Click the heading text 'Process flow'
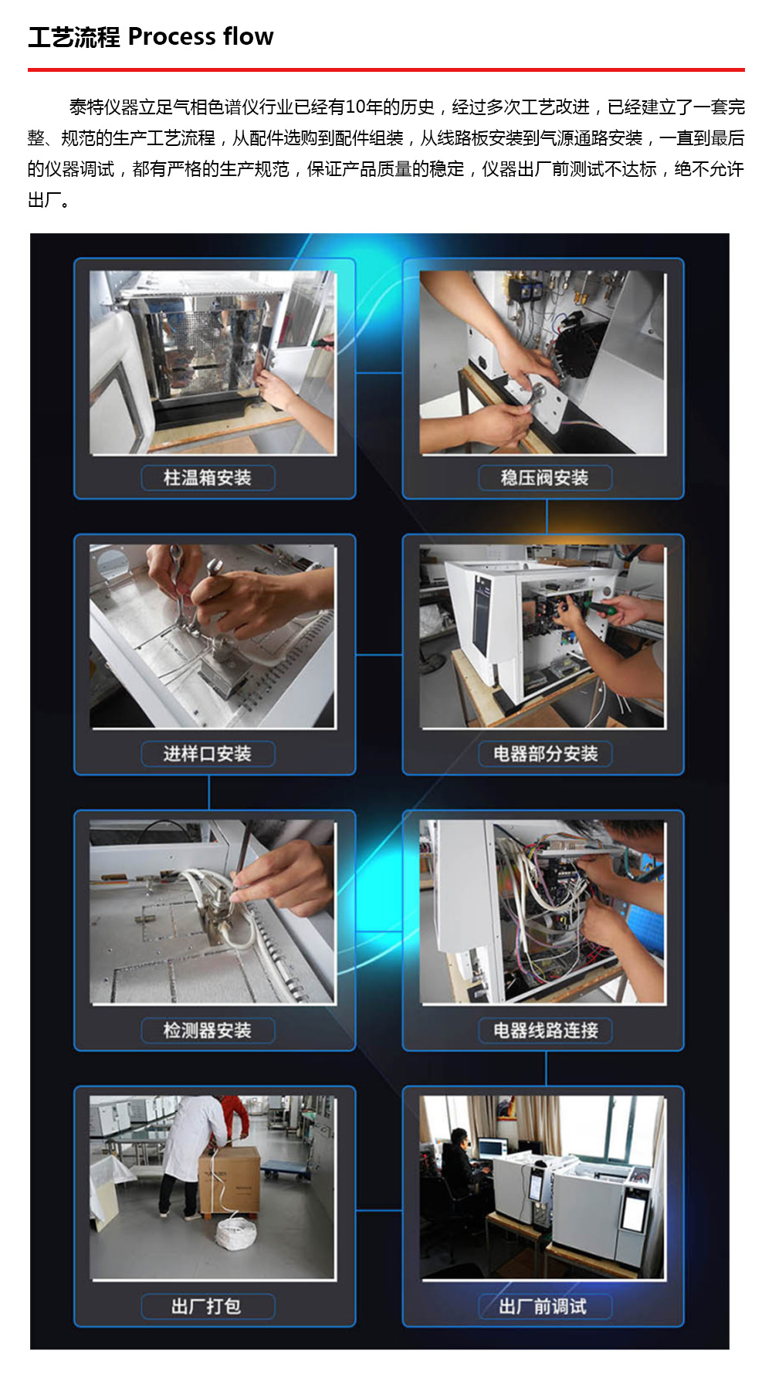click(201, 36)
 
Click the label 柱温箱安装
click(208, 478)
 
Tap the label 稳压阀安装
click(544, 478)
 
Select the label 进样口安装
click(208, 754)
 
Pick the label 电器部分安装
click(545, 754)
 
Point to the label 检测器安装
click(208, 1030)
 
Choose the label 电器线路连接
click(545, 1030)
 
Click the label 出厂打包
click(206, 1307)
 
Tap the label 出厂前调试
click(543, 1307)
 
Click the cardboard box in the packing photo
click(230, 1179)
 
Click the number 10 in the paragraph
click(356, 107)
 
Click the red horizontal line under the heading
click(386, 70)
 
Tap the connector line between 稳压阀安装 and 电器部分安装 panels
click(547, 517)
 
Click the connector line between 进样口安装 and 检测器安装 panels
click(209, 792)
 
